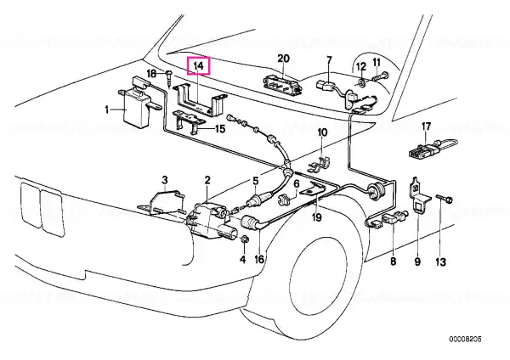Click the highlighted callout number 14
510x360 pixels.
pos(198,66)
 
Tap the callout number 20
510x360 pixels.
pos(283,59)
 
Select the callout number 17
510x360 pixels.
pos(426,126)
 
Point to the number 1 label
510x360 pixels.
pos(107,110)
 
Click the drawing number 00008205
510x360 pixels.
pos(465,340)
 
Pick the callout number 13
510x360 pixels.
pos(440,262)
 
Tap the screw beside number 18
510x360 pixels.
pos(169,77)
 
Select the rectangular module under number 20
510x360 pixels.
pos(283,84)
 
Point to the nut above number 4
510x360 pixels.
pos(244,240)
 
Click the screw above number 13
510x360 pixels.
pos(445,199)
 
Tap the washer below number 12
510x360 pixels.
pos(361,82)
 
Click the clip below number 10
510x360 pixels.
pos(316,165)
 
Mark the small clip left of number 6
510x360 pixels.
pos(285,200)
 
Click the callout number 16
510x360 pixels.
pos(259,260)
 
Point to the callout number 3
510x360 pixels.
pos(165,180)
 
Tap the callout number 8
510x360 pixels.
pos(394,262)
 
